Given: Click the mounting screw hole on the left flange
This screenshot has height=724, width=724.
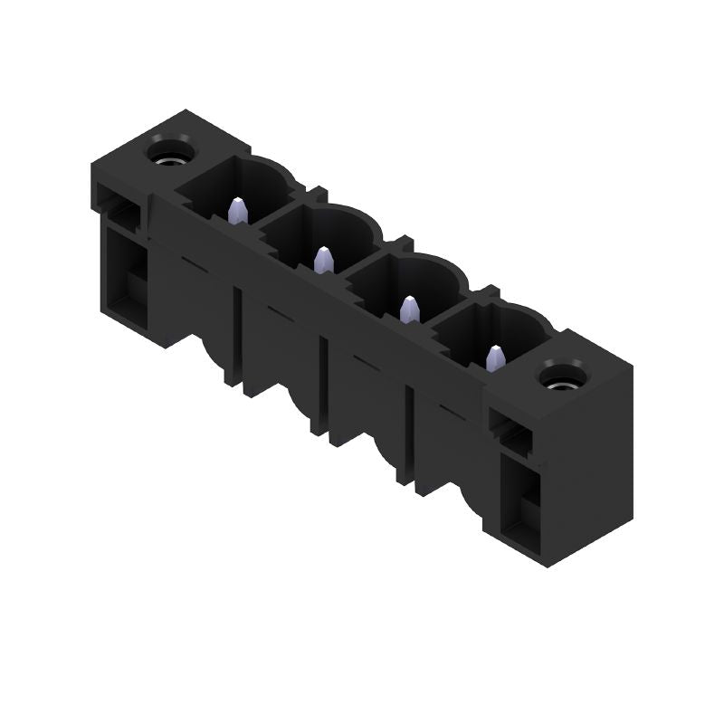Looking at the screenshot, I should (168, 148).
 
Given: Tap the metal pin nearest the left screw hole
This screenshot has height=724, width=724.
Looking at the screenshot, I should (237, 211).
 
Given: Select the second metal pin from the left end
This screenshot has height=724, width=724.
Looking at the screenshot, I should (323, 261).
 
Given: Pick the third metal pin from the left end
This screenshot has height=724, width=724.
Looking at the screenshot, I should (409, 310).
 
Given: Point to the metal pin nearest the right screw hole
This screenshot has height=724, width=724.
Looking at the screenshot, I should (495, 358).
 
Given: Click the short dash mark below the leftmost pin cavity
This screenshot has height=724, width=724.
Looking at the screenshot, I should (193, 262).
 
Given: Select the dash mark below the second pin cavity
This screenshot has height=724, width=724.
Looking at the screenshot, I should (279, 312).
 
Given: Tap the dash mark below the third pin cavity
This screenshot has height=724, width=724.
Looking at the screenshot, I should (365, 361).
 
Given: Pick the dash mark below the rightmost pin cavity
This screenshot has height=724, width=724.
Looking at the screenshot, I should (451, 410).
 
